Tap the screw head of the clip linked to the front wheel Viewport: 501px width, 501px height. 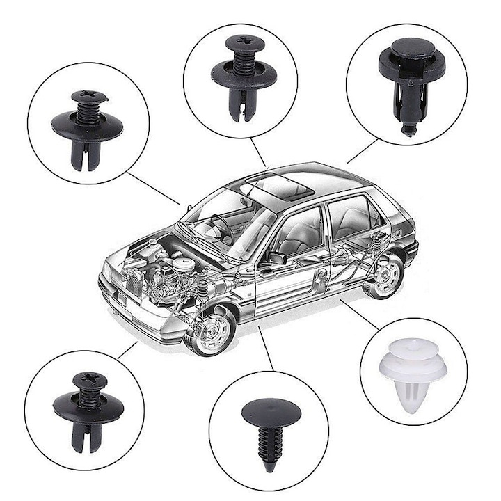coord(91,380)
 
